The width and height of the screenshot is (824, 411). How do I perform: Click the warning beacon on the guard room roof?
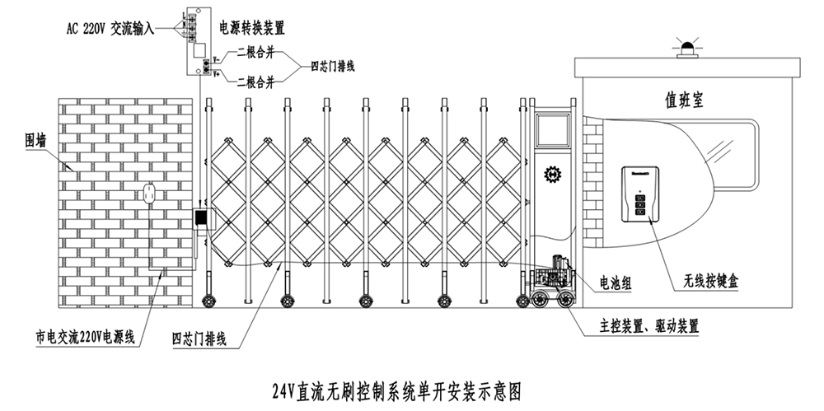click(686, 47)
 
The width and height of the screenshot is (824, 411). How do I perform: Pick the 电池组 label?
click(616, 283)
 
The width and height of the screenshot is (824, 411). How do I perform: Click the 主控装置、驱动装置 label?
click(649, 327)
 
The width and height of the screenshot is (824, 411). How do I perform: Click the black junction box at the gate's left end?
click(200, 218)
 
